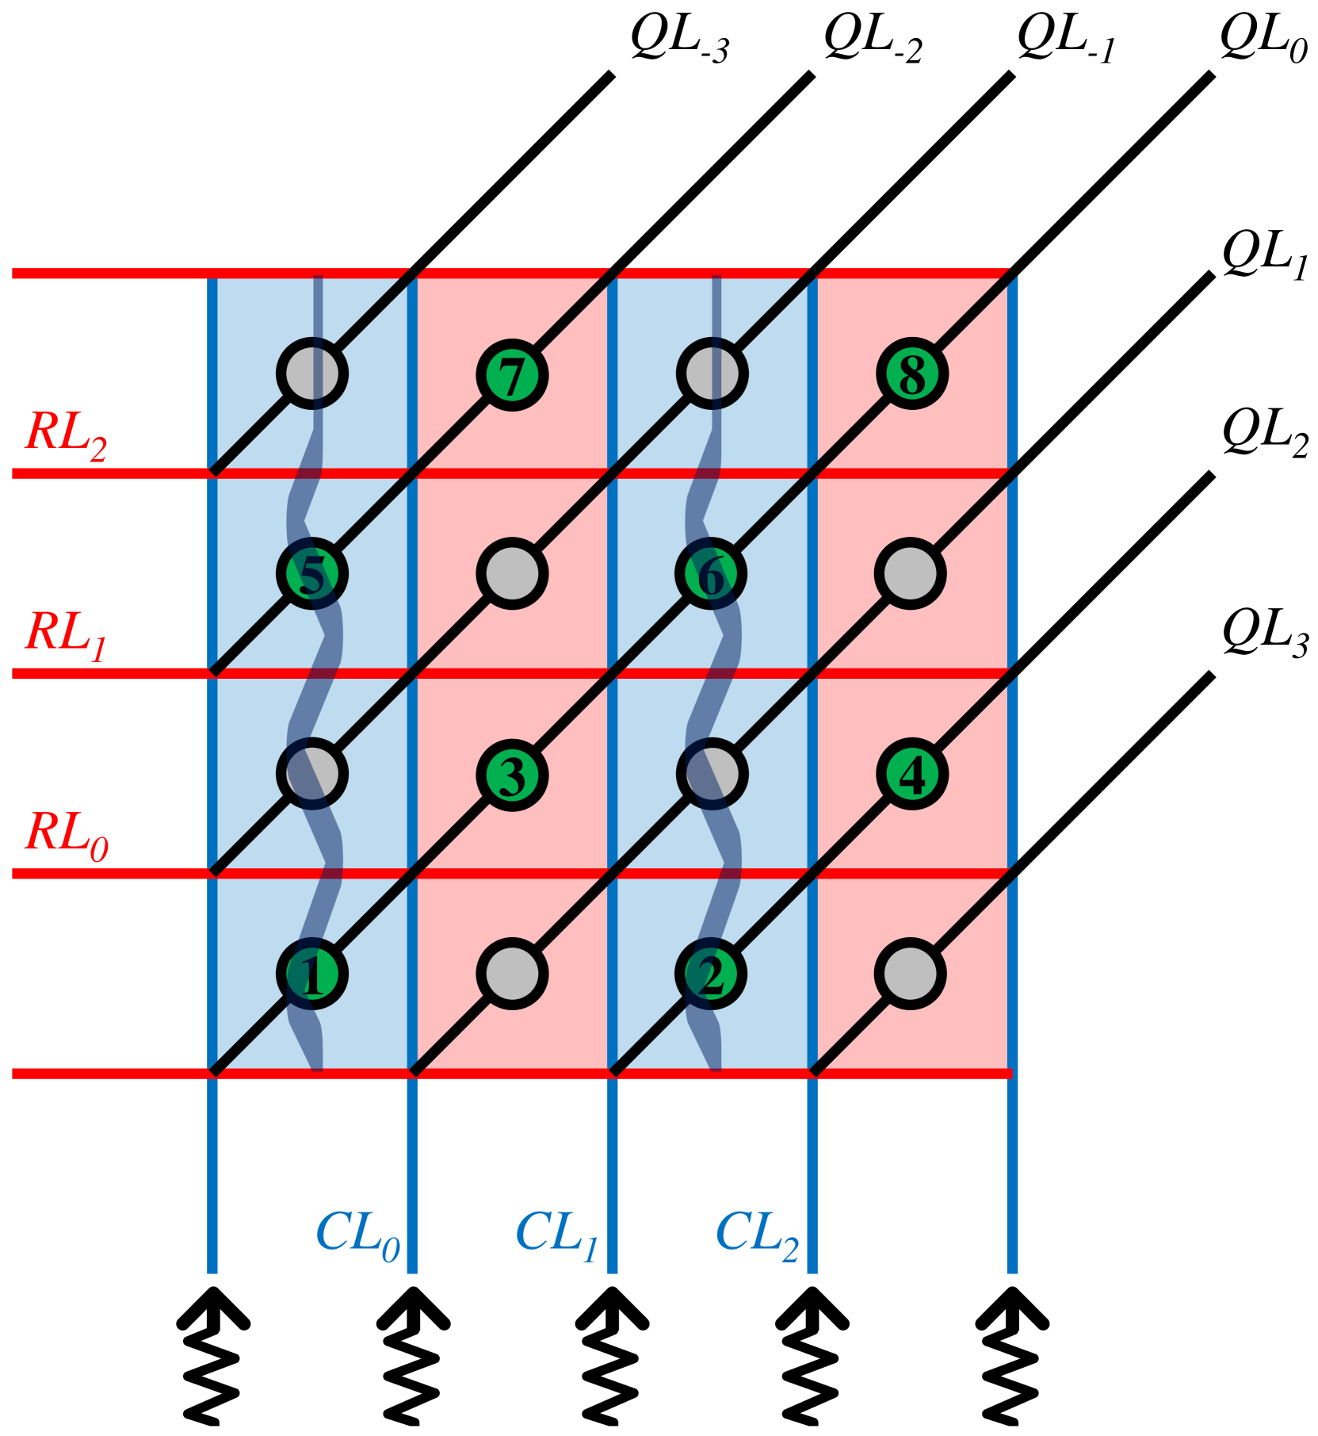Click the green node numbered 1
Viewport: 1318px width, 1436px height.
pyautogui.click(x=312, y=974)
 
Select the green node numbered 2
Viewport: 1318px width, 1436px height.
pyautogui.click(x=712, y=974)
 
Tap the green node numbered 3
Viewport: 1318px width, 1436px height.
pyautogui.click(x=512, y=774)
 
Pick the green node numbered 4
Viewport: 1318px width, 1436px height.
pyautogui.click(x=911, y=774)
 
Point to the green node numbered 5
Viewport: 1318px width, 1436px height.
pyautogui.click(x=312, y=573)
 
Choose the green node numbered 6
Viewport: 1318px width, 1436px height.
pyautogui.click(x=712, y=573)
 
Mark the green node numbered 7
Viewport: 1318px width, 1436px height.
pyautogui.click(x=512, y=374)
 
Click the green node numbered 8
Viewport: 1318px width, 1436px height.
pyautogui.click(x=911, y=374)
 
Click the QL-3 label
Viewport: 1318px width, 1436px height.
pyautogui.click(x=679, y=38)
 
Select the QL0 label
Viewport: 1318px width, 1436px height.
pyautogui.click(x=1263, y=38)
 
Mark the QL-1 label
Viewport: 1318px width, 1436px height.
pyautogui.click(x=1066, y=38)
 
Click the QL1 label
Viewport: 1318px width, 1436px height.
pyautogui.click(x=1265, y=255)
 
